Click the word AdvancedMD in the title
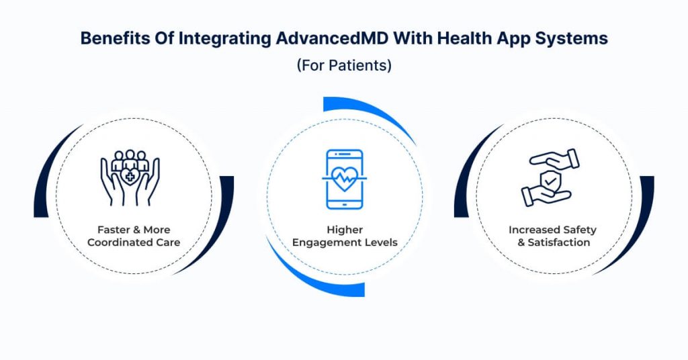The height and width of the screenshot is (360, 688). click(x=332, y=38)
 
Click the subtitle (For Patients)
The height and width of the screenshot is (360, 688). click(x=344, y=65)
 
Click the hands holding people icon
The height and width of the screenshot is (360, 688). click(x=130, y=177)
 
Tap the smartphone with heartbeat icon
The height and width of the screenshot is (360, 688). click(x=345, y=179)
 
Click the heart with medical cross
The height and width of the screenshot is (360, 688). click(x=130, y=177)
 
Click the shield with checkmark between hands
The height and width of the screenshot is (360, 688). click(x=550, y=180)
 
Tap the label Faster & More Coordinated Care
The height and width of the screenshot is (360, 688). click(x=134, y=236)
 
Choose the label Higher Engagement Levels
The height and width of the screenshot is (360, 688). click(x=345, y=236)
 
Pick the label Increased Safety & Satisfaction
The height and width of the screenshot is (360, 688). click(x=553, y=236)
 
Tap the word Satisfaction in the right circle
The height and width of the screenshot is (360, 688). click(x=558, y=242)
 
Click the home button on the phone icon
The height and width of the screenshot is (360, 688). click(x=345, y=204)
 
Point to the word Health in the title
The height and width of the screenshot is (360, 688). click(x=464, y=38)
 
